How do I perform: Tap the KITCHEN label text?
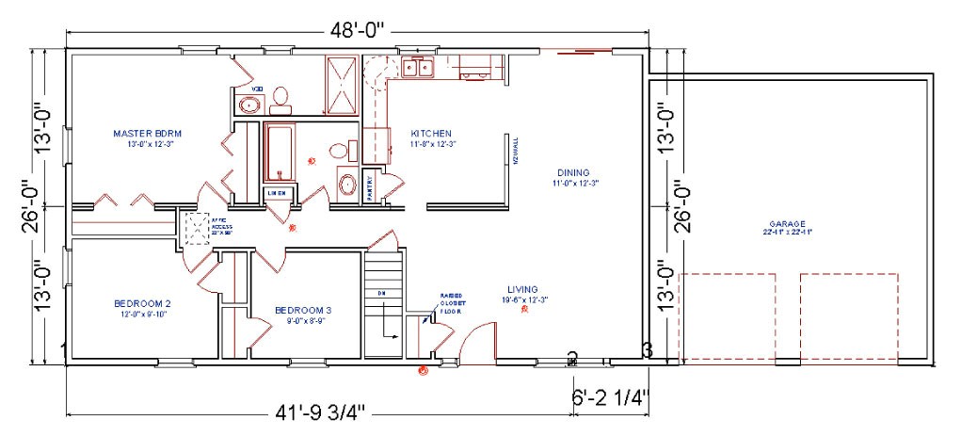430,134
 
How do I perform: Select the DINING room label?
572,172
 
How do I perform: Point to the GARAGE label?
788,225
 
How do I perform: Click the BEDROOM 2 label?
142,303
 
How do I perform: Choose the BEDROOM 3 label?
303,310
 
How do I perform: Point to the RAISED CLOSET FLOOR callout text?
450,302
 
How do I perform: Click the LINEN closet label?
277,193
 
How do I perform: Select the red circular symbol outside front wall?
423,371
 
